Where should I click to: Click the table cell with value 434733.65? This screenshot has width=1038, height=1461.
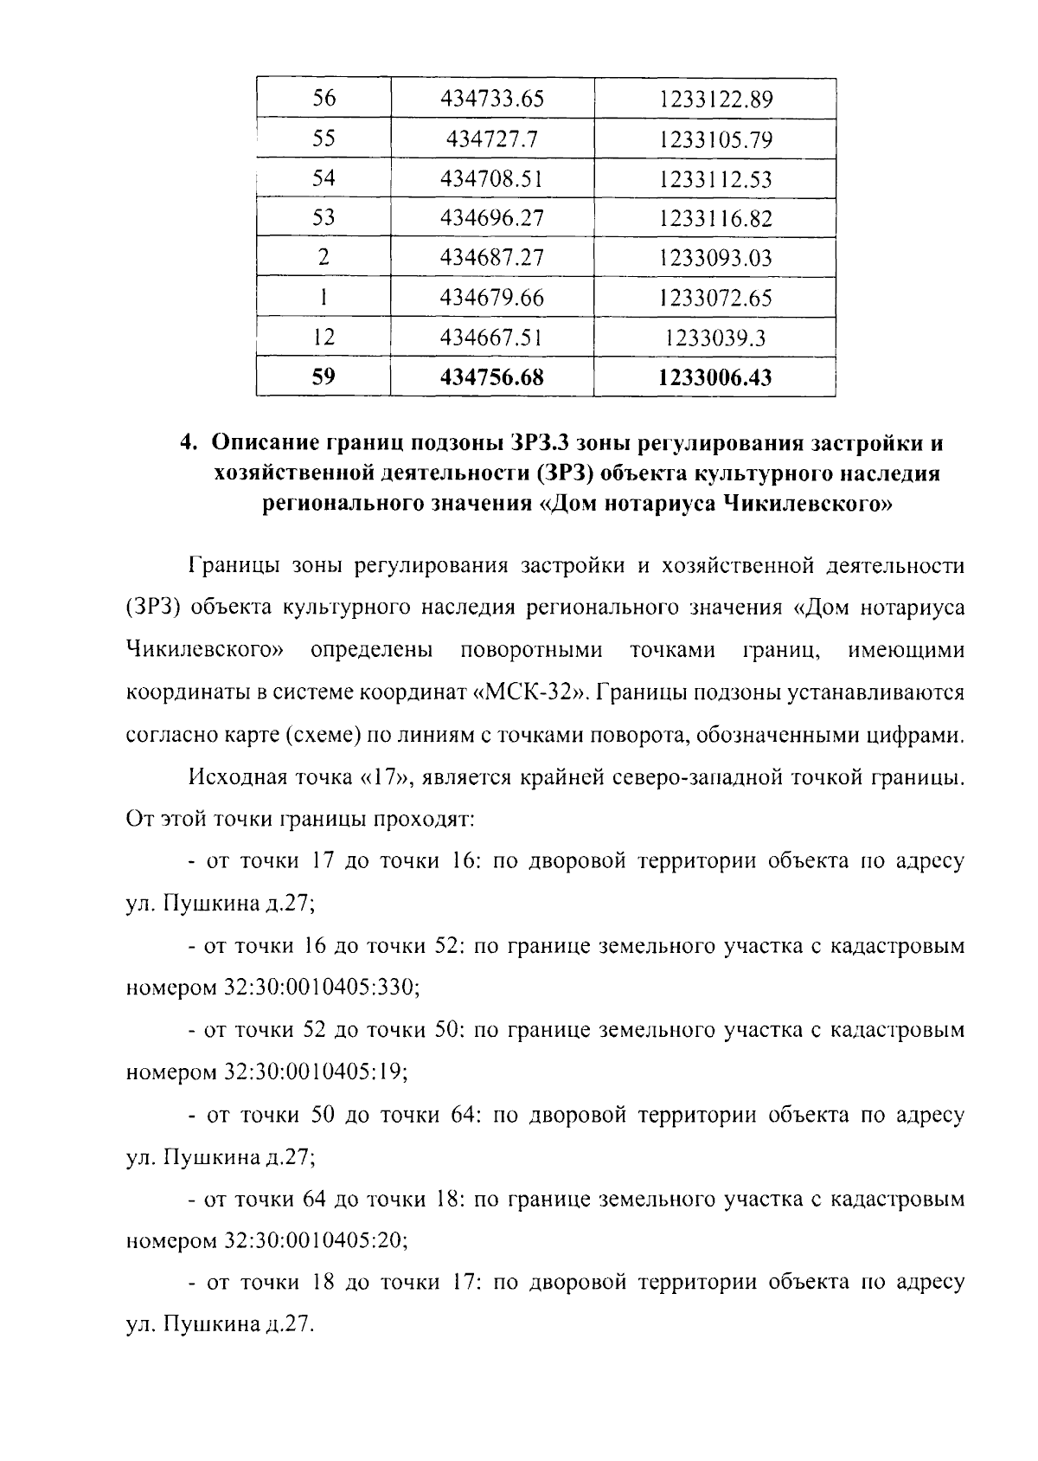coord(492,99)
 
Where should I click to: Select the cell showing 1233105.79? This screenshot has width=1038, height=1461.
coord(714,139)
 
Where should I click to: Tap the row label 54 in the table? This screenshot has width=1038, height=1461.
coord(323,178)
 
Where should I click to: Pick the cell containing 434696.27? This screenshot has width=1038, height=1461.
coord(492,218)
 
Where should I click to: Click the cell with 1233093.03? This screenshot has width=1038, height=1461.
coord(714,258)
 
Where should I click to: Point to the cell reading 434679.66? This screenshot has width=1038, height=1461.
coord(492,298)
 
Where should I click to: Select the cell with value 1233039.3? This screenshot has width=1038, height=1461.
coord(714,338)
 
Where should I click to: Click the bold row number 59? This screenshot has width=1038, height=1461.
coord(323,377)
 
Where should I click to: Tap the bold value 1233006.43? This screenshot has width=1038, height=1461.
coord(714,378)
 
